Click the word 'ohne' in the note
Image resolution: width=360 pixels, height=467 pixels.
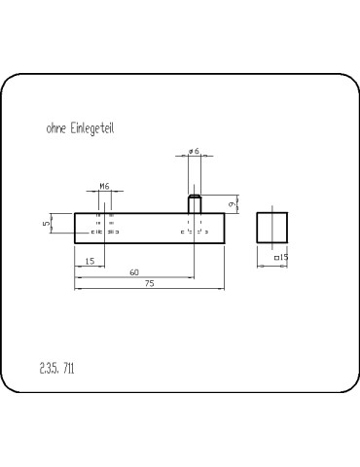pos(55,127)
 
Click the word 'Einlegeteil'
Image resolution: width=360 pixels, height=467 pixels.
pos(90,127)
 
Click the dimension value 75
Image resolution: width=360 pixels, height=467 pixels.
pos(149,283)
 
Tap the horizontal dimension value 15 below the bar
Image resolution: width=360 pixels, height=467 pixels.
pos(90,261)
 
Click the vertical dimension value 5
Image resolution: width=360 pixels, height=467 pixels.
pos(47,224)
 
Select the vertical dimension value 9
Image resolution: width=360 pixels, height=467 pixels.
pos(232,204)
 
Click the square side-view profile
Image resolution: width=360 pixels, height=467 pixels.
pos(273,227)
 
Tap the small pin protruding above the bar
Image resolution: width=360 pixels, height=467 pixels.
pos(195,204)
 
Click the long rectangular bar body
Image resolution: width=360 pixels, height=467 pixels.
pos(146,227)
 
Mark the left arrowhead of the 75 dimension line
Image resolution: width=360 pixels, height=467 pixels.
pos(78,289)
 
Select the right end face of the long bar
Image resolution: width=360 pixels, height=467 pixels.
pos(225,227)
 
